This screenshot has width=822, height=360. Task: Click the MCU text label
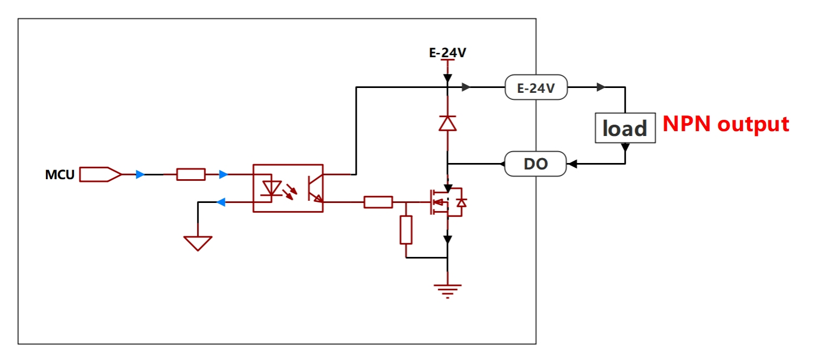59,175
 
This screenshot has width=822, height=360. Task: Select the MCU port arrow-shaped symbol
100,174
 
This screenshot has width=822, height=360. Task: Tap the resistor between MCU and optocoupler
191,174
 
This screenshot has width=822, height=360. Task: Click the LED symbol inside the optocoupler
271,188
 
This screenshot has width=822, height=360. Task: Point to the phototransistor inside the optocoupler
315,188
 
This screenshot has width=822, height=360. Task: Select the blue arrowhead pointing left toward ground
221,202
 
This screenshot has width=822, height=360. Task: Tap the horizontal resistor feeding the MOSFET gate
378,202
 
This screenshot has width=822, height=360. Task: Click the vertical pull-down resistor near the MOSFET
406,230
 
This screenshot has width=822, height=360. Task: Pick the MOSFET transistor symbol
447,202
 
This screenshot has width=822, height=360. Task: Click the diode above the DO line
447,123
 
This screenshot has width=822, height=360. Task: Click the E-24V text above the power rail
447,53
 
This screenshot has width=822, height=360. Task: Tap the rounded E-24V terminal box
536,87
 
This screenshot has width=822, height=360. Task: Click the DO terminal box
536,164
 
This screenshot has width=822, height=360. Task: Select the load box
626,128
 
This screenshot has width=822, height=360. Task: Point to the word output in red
753,125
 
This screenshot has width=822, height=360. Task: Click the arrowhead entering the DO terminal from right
572,164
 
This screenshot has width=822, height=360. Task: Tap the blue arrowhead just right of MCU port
140,174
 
